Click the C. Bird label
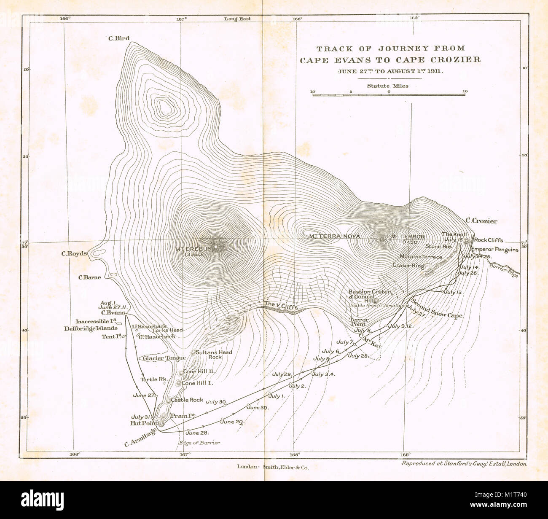(118, 38)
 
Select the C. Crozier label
(481, 221)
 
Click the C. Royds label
(74, 254)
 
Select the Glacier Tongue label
(164, 358)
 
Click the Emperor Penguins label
(494, 250)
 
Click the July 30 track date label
(216, 402)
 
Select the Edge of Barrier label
(199, 443)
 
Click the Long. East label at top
(237, 19)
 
